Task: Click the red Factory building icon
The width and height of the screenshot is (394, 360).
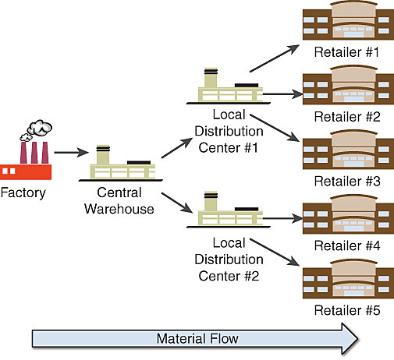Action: pos(23,162)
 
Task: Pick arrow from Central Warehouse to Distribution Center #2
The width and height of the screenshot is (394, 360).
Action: pos(176,200)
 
